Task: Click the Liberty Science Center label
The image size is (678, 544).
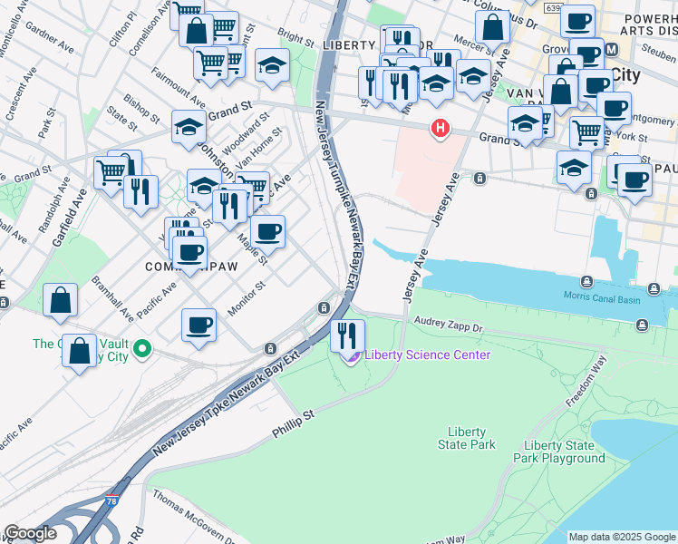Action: [x=427, y=355]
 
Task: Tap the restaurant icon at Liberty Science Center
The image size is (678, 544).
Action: [x=346, y=335]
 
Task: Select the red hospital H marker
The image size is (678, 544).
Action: [x=441, y=129]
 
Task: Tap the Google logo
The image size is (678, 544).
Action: [x=30, y=533]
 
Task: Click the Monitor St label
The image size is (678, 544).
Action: [x=246, y=298]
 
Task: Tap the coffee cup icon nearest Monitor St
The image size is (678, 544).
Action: [x=199, y=324]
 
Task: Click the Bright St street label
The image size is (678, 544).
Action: [x=295, y=37]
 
